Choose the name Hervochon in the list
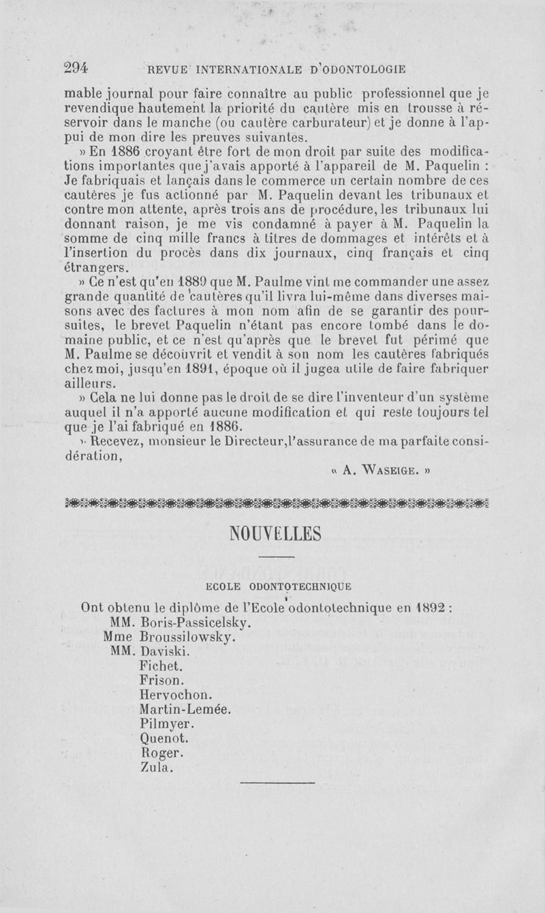[175, 695]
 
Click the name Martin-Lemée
[185, 709]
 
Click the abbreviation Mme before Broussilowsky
[118, 637]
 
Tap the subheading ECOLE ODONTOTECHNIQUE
[278, 586]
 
